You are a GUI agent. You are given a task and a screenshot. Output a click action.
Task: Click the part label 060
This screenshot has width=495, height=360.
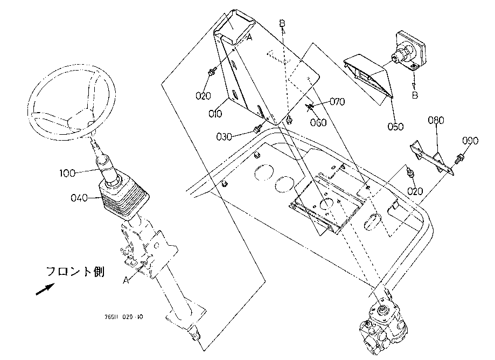click(x=318, y=122)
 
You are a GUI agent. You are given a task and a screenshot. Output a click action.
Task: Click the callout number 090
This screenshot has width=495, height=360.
click(x=470, y=141)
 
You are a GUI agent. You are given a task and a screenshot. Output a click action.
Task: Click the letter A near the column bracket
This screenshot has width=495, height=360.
click(x=126, y=280)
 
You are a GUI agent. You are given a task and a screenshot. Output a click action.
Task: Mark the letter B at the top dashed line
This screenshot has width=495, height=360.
click(x=282, y=23)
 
